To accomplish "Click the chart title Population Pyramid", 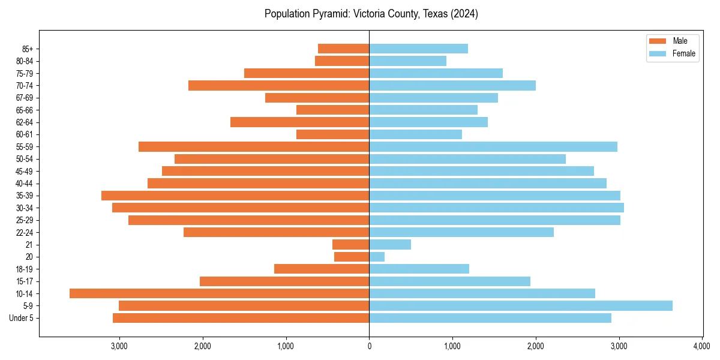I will pyautogui.click(x=371, y=14).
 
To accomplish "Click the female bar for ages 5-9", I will pyautogui.click(x=520, y=306).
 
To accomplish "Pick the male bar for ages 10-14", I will pyautogui.click(x=219, y=293).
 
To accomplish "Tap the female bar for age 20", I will pyautogui.click(x=377, y=257).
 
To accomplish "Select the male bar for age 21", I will pyautogui.click(x=350, y=245).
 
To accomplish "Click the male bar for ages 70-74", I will pyautogui.click(x=278, y=86).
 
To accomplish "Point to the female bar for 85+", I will pyautogui.click(x=418, y=49).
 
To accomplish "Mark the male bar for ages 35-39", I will pyautogui.click(x=235, y=196).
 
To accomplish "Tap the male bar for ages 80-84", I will pyautogui.click(x=342, y=61).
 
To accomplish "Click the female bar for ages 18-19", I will pyautogui.click(x=419, y=269).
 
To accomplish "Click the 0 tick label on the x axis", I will pyautogui.click(x=369, y=346).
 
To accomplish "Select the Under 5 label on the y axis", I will pyautogui.click(x=21, y=318).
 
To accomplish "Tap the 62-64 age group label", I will pyautogui.click(x=25, y=122).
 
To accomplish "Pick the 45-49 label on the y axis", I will pyautogui.click(x=25, y=171).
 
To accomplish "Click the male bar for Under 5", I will pyautogui.click(x=241, y=318).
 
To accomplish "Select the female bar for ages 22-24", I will pyautogui.click(x=461, y=232).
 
